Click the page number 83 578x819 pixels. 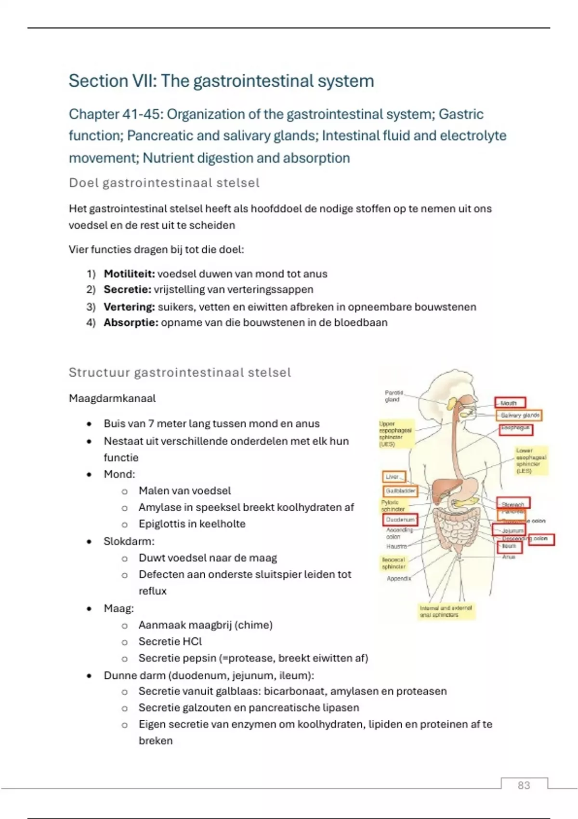coord(524,785)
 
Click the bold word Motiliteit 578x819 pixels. coord(129,274)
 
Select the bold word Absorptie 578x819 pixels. coord(131,323)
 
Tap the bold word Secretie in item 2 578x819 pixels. coord(127,290)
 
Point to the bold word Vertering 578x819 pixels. coord(129,307)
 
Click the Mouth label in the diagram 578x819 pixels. coord(510,403)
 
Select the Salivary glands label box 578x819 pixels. coord(520,415)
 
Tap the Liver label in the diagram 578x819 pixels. coord(394,477)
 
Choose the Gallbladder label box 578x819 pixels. coord(400,491)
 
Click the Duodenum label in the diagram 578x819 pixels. coord(400,520)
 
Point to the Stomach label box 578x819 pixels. coord(513,504)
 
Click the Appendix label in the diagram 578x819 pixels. coord(399,578)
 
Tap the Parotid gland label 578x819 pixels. coord(394,396)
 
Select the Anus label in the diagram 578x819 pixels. coord(509,557)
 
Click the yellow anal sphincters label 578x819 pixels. coord(446,611)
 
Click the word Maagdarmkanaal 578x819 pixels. coord(112,398)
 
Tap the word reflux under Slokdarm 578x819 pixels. coord(152,591)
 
